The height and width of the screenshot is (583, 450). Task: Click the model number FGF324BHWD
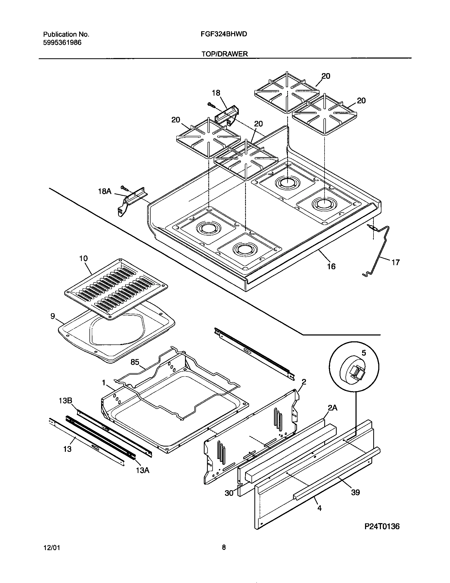[x=224, y=34]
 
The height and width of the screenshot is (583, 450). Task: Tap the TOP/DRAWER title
[x=224, y=54]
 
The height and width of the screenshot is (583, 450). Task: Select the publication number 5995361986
[x=62, y=42]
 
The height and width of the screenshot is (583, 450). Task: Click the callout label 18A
[x=105, y=191]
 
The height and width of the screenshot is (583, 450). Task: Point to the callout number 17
[x=396, y=262]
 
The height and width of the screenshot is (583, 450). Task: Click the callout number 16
[x=331, y=266]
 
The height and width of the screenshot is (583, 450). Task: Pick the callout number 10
[x=83, y=258]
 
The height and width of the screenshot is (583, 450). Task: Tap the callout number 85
[x=135, y=362]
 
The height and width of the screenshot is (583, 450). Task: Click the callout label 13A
[x=143, y=470]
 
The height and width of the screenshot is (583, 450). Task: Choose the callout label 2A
[x=332, y=408]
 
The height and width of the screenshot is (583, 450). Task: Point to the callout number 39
[x=355, y=492]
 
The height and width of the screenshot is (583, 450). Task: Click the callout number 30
[x=229, y=493]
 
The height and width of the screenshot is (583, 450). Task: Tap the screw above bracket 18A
[x=124, y=188]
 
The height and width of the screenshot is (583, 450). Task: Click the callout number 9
[x=53, y=316]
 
